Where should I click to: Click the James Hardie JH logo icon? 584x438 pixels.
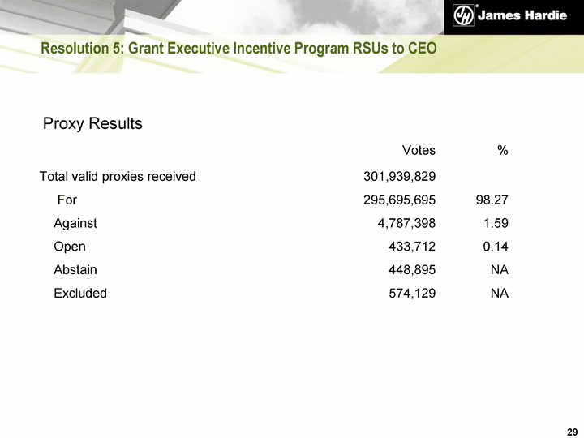click(x=463, y=17)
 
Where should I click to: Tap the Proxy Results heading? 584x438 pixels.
click(x=92, y=124)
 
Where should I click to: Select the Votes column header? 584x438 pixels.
click(x=419, y=150)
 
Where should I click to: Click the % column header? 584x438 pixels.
click(x=503, y=150)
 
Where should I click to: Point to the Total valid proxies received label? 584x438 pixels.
click(x=118, y=176)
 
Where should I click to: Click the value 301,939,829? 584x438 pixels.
click(x=399, y=176)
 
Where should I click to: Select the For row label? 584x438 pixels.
click(x=67, y=200)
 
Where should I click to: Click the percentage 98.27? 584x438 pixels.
click(x=492, y=200)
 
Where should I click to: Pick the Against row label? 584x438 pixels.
click(x=75, y=223)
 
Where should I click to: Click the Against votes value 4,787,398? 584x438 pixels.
click(x=403, y=223)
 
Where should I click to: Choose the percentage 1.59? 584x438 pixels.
click(x=496, y=223)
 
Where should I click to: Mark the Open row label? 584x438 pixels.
click(x=70, y=247)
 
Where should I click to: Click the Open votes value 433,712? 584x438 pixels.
click(x=412, y=247)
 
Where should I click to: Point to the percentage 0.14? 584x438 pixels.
click(x=496, y=247)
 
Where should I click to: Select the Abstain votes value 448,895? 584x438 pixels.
click(x=412, y=270)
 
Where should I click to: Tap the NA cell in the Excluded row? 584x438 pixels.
click(x=500, y=294)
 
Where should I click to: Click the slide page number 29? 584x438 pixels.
click(x=572, y=430)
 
